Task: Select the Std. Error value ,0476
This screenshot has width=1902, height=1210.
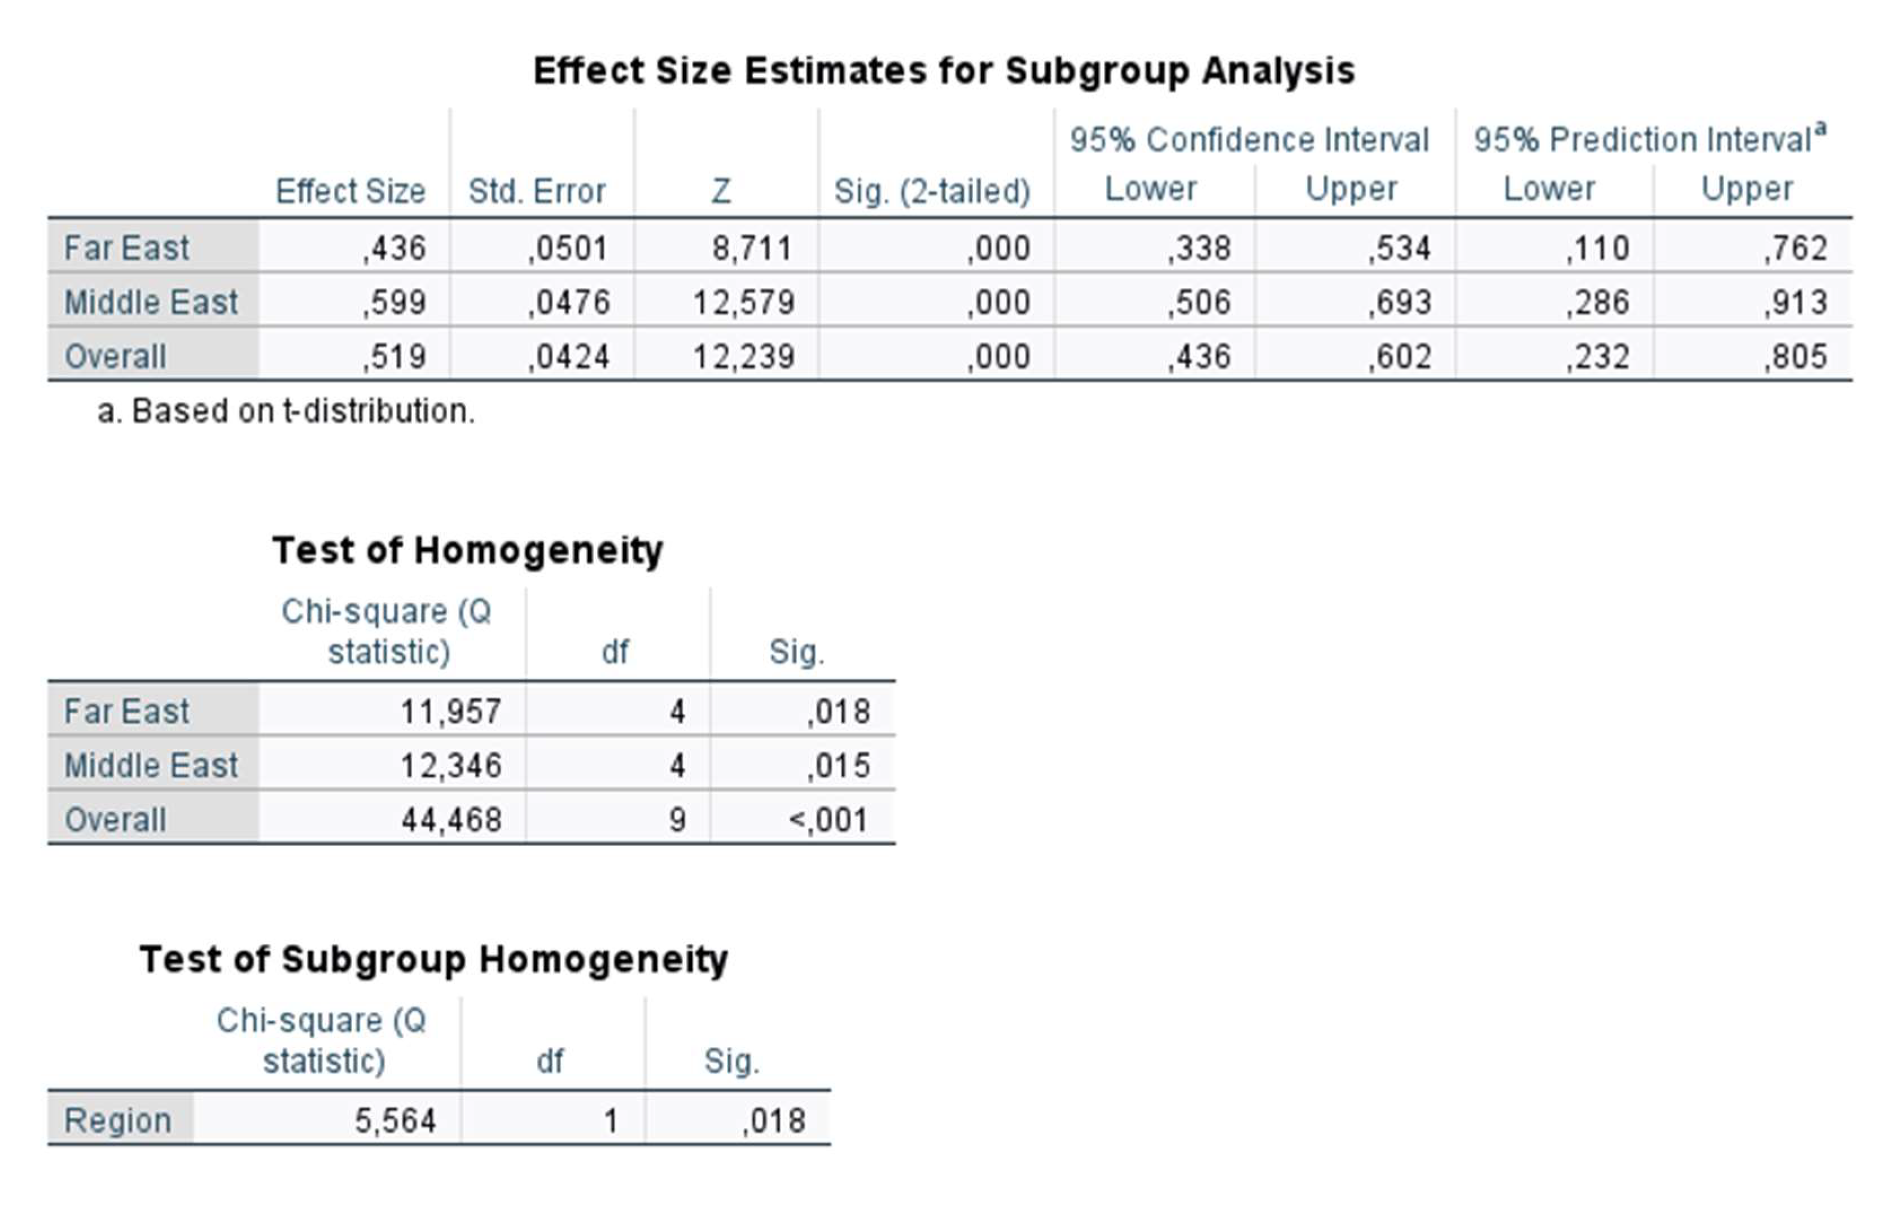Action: pos(569,302)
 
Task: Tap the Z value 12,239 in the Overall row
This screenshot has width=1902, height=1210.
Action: pos(743,356)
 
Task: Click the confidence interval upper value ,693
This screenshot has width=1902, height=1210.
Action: pos(1400,302)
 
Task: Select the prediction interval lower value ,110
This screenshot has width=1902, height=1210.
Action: pos(1598,248)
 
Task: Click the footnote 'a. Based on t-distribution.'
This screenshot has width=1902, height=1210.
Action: pos(286,411)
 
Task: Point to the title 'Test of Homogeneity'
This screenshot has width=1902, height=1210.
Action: pos(468,550)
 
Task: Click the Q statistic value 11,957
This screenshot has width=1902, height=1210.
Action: pos(451,712)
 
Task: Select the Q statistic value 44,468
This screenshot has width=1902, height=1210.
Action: pos(451,820)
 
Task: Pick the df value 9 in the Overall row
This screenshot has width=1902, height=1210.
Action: pos(677,820)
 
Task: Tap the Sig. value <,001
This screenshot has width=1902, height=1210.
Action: pos(829,820)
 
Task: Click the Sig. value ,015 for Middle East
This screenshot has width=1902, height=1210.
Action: pos(839,765)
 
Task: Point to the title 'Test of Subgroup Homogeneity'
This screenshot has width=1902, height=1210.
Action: pos(433,959)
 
